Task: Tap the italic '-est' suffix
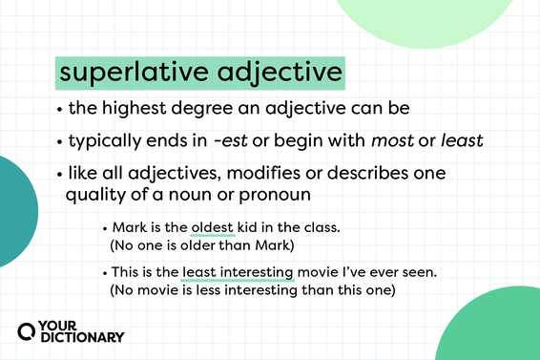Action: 232,140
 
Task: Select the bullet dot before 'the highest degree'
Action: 60,109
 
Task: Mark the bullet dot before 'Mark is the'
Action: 105,229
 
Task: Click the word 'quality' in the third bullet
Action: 96,195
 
